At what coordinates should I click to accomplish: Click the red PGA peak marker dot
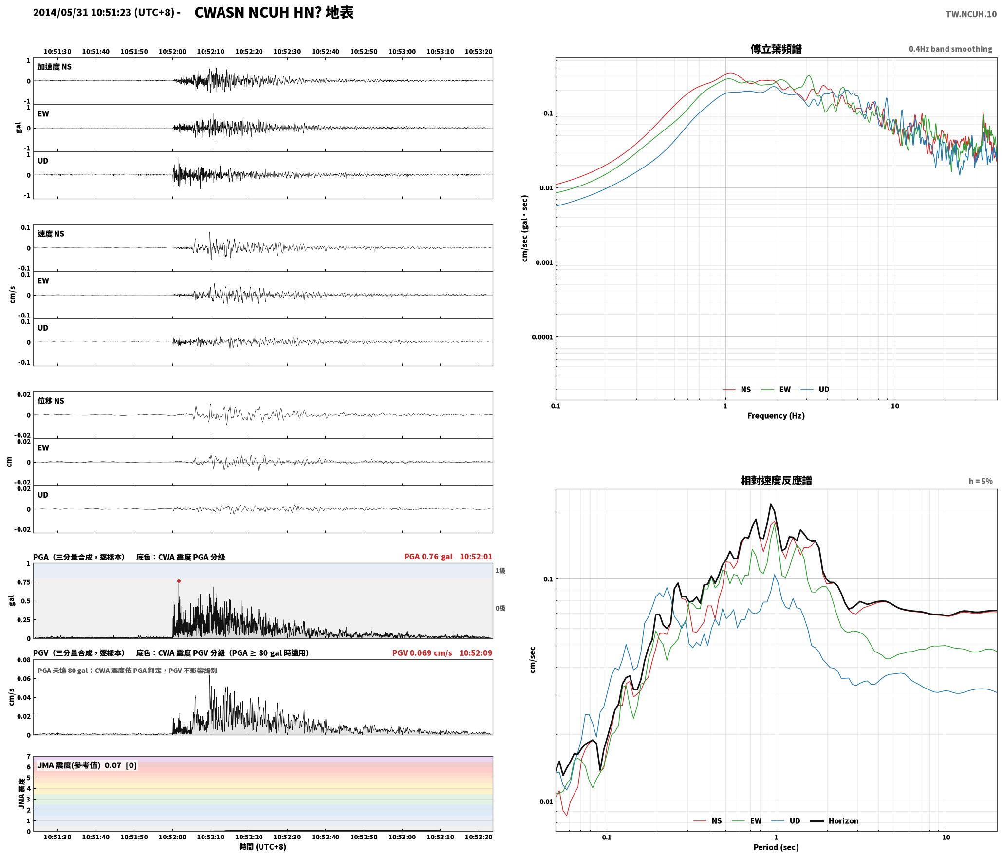point(179,581)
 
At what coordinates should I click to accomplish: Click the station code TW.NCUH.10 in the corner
point(971,14)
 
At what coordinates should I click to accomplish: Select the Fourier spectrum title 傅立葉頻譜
point(776,49)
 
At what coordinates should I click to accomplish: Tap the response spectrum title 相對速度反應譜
point(776,481)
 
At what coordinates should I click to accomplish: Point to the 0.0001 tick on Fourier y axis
point(542,337)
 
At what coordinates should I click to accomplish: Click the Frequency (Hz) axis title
point(776,415)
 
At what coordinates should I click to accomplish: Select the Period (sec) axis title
point(776,847)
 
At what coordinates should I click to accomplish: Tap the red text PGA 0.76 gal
point(428,557)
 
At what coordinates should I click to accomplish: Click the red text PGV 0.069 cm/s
point(422,652)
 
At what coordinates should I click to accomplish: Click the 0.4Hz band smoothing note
point(950,49)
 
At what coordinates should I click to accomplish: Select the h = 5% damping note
point(981,481)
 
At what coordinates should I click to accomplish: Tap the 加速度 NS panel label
point(55,67)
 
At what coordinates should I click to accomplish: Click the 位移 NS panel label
point(51,401)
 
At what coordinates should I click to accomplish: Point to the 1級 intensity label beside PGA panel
point(500,570)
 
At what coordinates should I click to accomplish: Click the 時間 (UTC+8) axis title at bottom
point(262,847)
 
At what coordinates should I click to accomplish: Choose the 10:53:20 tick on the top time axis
point(478,51)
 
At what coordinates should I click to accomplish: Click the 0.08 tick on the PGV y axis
point(24,660)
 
